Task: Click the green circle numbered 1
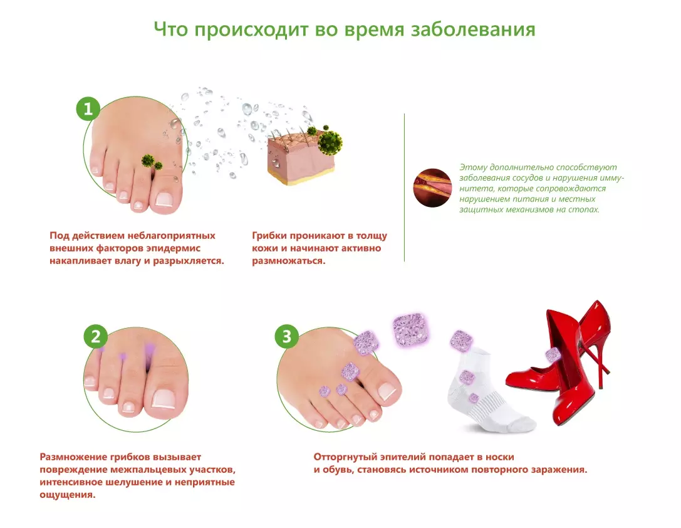tap(88, 109)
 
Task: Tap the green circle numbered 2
tap(95, 336)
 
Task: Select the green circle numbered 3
tap(286, 336)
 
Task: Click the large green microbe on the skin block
tap(330, 142)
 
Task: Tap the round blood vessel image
tap(432, 188)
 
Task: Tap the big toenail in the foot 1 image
tap(164, 199)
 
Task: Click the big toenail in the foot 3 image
tap(387, 391)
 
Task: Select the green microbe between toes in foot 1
tap(148, 161)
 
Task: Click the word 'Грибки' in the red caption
tap(269, 236)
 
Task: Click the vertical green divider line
tap(404, 188)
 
